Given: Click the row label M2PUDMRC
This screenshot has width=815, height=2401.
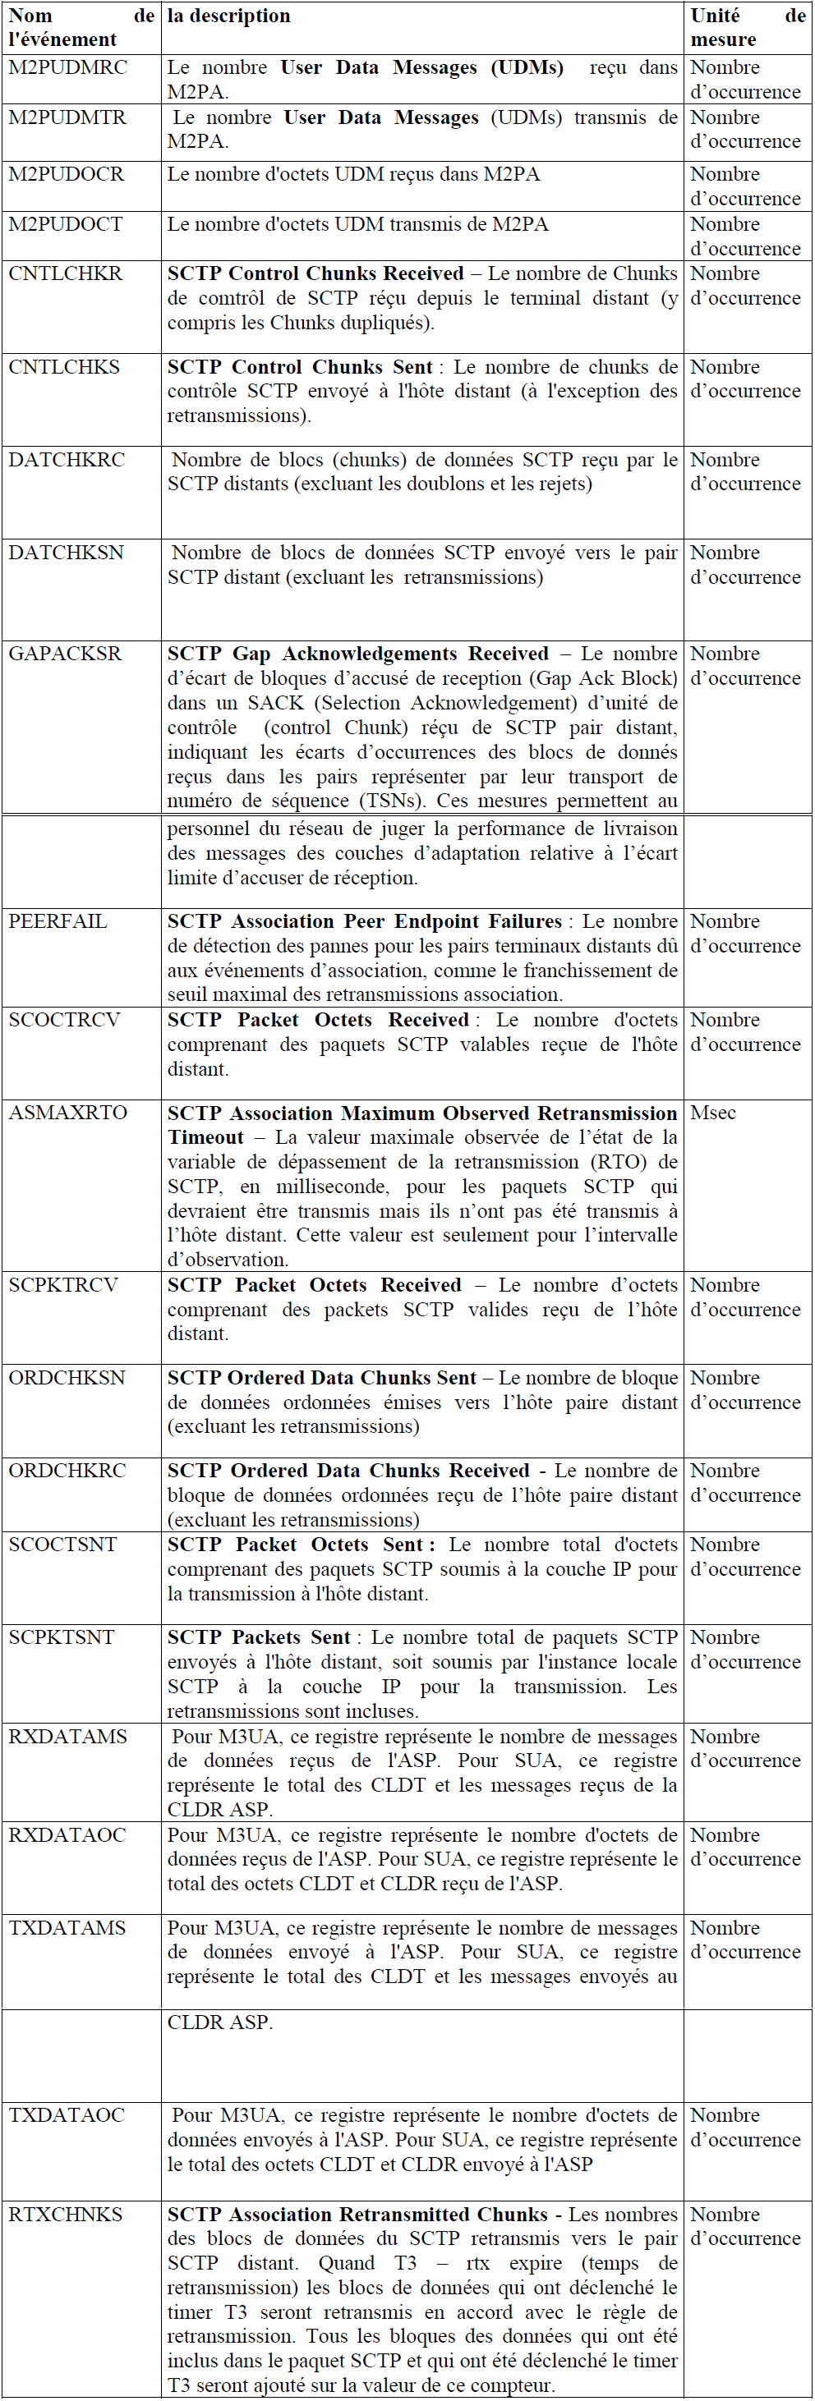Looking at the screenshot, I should tap(67, 68).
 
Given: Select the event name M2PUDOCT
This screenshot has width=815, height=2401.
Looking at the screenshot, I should tap(65, 225).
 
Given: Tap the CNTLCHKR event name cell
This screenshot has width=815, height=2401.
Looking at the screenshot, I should tap(65, 274).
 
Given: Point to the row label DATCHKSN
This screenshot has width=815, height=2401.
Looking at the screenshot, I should tap(67, 553).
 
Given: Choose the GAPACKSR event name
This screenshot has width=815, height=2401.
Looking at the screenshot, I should tap(65, 654).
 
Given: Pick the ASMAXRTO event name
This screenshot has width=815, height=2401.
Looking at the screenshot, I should tap(68, 1113).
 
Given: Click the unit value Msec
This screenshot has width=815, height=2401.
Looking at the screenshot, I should tap(713, 1113).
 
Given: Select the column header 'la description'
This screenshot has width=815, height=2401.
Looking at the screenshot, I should tap(228, 16).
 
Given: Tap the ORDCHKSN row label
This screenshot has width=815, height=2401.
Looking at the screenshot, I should tap(67, 1378).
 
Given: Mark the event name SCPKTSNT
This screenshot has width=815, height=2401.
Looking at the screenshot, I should tap(62, 1637).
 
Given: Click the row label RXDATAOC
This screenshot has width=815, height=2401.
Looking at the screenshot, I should tap(67, 1835).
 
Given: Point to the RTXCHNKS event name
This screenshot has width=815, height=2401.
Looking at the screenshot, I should tap(65, 2215).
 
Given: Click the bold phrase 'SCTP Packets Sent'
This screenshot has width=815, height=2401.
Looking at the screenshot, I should tap(258, 1637).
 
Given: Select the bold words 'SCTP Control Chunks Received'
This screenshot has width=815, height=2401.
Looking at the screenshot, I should tap(315, 274).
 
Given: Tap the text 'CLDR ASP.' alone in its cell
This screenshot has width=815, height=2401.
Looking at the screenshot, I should tap(220, 2022).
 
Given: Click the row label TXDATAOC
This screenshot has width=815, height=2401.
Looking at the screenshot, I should tap(67, 2116).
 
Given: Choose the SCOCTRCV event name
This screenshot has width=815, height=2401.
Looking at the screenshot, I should tap(64, 1021).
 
